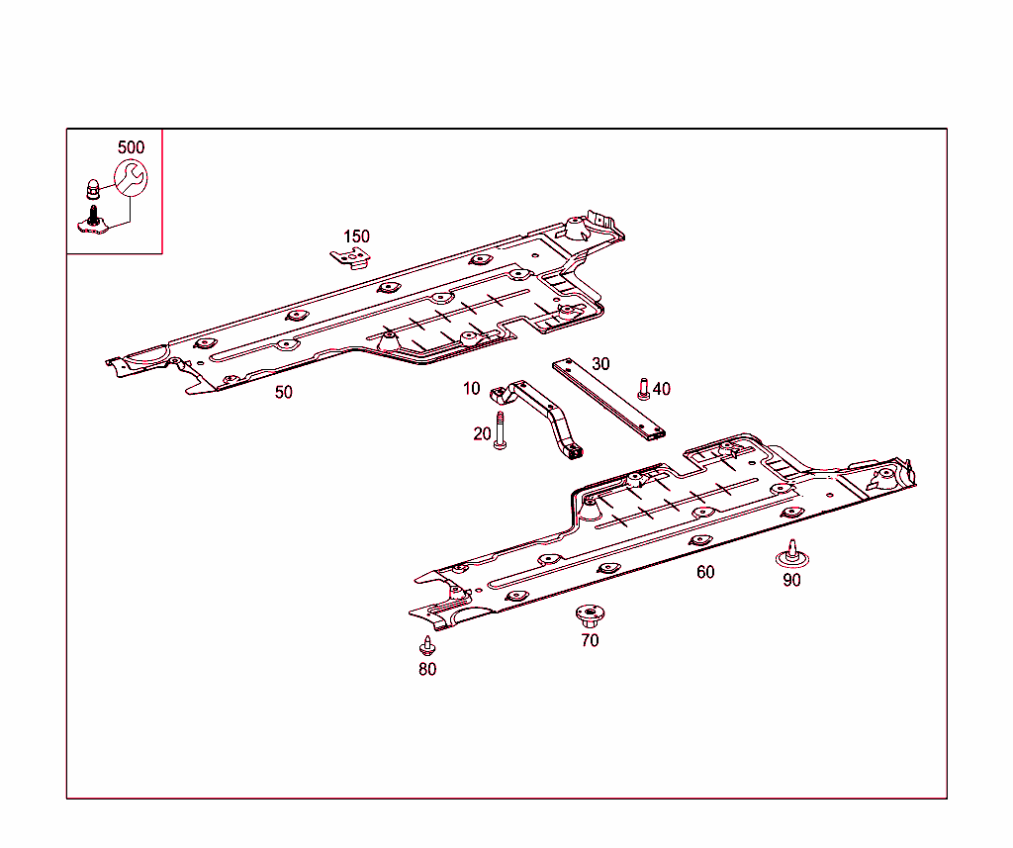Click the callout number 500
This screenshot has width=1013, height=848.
point(132,147)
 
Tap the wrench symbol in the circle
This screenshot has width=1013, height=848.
point(131,178)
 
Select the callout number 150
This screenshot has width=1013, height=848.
point(356,236)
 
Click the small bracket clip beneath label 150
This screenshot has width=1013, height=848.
point(351,258)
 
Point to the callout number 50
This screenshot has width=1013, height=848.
point(284,392)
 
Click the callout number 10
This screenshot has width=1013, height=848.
point(472,389)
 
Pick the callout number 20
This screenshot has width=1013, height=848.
point(482,433)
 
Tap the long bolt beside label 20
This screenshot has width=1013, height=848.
point(500,430)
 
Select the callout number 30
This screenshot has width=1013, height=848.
point(600,364)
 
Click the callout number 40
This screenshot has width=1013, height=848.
point(662,389)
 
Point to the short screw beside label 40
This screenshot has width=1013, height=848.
point(643,389)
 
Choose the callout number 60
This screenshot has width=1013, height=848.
point(705,572)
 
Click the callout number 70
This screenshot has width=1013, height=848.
point(590,640)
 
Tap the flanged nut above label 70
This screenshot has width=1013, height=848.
point(590,616)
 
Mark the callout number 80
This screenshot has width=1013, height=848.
point(427,670)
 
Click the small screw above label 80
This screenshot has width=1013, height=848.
point(427,645)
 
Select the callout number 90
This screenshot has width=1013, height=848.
point(791,581)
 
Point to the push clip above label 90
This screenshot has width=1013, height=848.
point(792,554)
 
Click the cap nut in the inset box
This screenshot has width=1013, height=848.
point(93,189)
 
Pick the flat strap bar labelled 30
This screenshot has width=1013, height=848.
point(608,401)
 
